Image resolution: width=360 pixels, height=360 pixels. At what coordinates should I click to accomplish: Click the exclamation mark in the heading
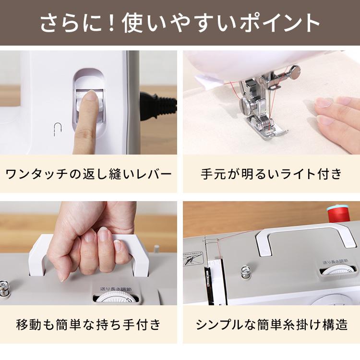pyautogui.click(x=112, y=23)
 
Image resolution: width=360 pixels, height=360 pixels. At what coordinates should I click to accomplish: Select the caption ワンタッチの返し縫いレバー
pyautogui.click(x=88, y=173)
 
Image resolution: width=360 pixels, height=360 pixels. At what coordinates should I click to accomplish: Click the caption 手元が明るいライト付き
pyautogui.click(x=271, y=173)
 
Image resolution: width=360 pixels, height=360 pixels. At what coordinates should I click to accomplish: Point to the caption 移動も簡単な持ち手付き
pyautogui.click(x=88, y=325)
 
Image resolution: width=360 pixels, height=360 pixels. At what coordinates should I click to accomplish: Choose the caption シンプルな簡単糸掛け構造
pyautogui.click(x=271, y=325)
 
